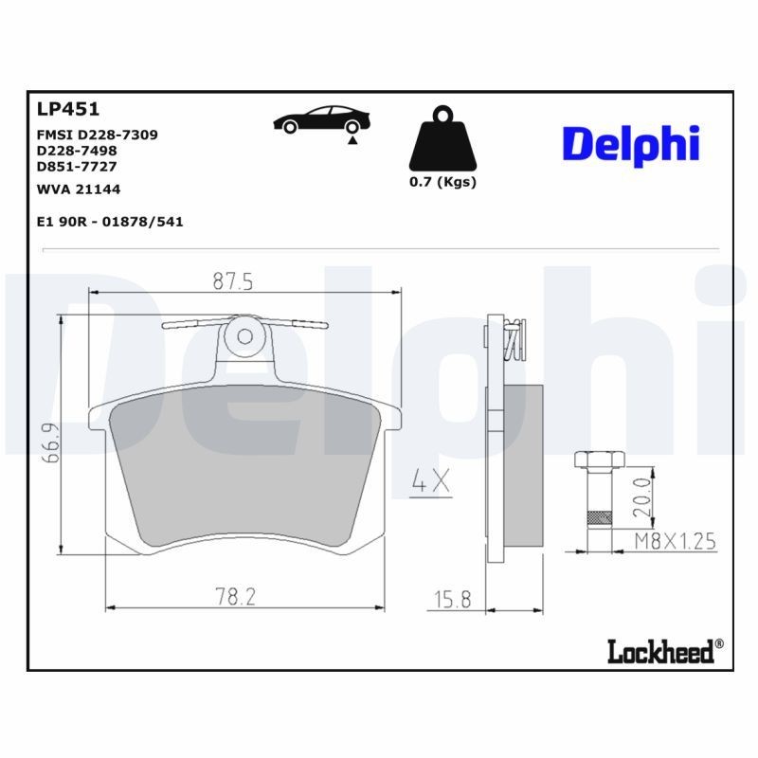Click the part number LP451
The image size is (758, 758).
(x=67, y=110)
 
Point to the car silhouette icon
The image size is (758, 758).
(x=321, y=120)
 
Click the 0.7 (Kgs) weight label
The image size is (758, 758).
(x=442, y=182)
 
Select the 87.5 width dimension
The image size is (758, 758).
(x=232, y=281)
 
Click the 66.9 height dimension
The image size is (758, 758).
(x=54, y=442)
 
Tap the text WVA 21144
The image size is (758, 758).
(x=78, y=189)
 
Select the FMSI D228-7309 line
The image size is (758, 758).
(x=97, y=135)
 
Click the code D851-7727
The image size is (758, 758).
(x=77, y=166)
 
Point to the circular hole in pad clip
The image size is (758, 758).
(x=244, y=335)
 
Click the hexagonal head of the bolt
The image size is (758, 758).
(x=597, y=461)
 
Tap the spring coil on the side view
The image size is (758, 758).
(x=514, y=340)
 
